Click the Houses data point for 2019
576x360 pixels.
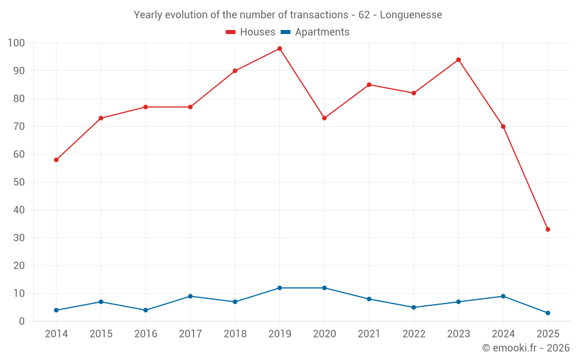click(279, 48)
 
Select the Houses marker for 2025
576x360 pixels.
click(548, 229)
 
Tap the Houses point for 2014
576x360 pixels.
click(56, 160)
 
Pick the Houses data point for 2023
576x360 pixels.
click(458, 60)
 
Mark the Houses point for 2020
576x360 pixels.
click(324, 118)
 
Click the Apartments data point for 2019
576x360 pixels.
click(279, 288)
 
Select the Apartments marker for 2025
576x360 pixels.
click(548, 313)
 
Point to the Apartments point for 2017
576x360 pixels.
click(190, 296)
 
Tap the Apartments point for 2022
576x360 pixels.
click(414, 307)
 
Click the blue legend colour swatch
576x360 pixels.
click(285, 32)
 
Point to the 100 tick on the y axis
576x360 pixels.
click(16, 43)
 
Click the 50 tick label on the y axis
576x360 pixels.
click(18, 182)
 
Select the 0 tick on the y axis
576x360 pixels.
click(22, 321)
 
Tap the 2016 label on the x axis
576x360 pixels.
click(146, 334)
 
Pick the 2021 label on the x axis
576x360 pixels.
click(369, 334)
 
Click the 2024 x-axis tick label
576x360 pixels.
click(503, 334)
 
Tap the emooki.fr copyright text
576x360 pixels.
click(526, 348)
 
